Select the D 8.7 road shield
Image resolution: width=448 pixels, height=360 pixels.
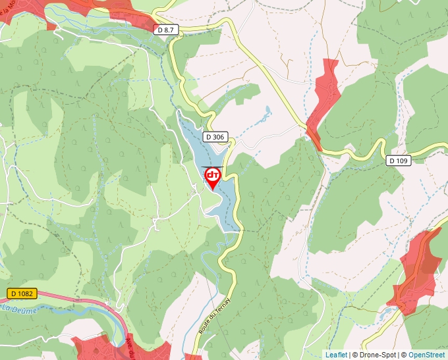tap(167, 30)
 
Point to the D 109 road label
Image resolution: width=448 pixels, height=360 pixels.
tap(398, 160)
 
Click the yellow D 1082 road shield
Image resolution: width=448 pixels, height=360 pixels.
tap(22, 294)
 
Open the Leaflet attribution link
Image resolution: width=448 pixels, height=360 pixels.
tap(336, 355)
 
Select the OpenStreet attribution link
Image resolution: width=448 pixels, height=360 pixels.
tap(426, 355)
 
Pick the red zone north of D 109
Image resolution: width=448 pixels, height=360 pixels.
tap(325, 99)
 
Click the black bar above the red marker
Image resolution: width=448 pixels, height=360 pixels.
tap(213, 167)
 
